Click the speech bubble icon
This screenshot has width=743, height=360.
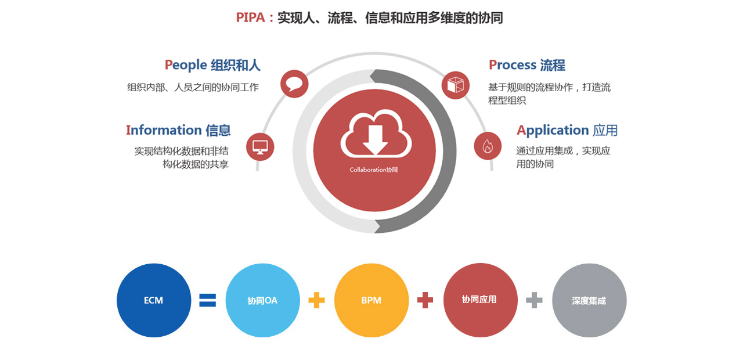click(x=294, y=84)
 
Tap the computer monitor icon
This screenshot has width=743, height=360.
click(x=260, y=146)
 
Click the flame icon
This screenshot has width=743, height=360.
click(x=488, y=146)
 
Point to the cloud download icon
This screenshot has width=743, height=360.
click(x=375, y=135)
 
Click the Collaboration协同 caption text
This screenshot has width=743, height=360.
click(x=374, y=170)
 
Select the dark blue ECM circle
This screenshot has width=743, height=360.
click(x=154, y=300)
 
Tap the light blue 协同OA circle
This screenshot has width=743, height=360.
click(x=262, y=300)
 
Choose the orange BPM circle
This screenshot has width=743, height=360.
click(x=371, y=300)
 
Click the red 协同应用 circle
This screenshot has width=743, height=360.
click(x=480, y=300)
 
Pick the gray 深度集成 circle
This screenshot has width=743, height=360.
click(x=589, y=300)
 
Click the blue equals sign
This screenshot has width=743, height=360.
click(x=207, y=300)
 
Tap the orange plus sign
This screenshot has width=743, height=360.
click(x=316, y=300)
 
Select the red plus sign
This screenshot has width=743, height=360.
click(x=425, y=300)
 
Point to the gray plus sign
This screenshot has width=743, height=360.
click(x=534, y=300)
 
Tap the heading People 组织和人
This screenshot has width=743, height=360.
click(x=212, y=65)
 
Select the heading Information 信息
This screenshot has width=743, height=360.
click(x=178, y=130)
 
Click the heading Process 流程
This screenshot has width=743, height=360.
click(x=526, y=65)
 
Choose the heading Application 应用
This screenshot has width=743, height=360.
click(x=567, y=130)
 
